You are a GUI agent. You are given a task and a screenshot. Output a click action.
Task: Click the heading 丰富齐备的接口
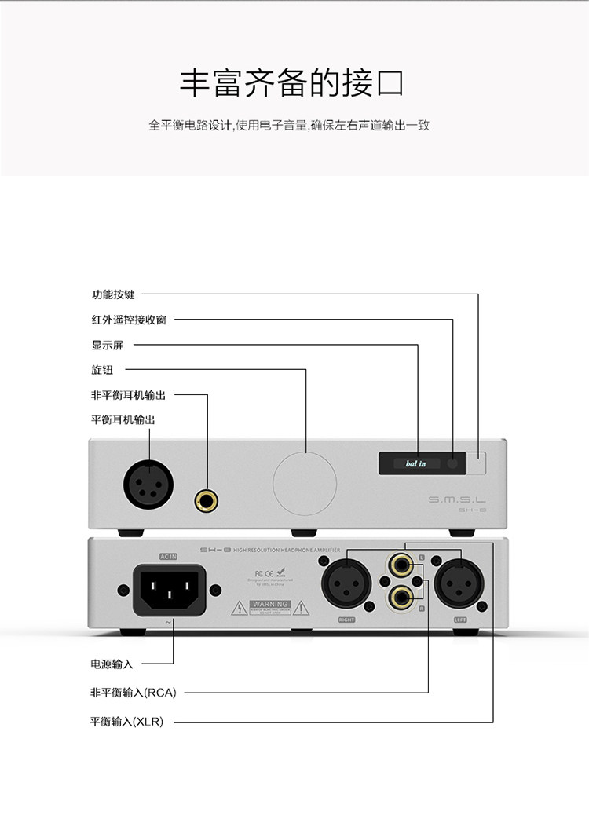click(x=293, y=83)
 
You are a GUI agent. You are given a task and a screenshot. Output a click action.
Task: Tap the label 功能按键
click(x=113, y=294)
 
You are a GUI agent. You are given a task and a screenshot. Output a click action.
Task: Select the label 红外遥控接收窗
click(x=129, y=320)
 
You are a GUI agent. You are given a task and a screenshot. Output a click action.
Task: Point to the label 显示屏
click(x=108, y=345)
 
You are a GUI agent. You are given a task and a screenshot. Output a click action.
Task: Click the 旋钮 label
click(x=102, y=370)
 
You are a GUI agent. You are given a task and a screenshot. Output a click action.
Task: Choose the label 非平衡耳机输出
click(x=129, y=395)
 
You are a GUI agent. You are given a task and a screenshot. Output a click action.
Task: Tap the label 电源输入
click(x=112, y=664)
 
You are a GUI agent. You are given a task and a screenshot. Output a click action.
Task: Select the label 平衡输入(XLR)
click(x=127, y=721)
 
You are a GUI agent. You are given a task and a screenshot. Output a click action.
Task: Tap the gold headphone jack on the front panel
click(x=207, y=499)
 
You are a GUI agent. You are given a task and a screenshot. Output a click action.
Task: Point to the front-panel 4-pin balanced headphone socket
click(x=148, y=482)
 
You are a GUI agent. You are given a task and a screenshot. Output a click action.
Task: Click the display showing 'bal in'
click(x=409, y=463)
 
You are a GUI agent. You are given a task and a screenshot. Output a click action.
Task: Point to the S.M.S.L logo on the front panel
click(x=458, y=499)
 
